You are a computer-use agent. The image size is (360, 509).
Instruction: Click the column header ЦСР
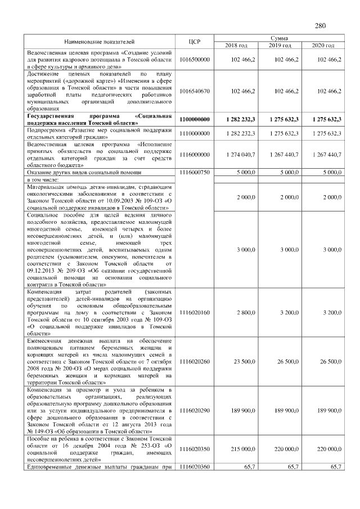click(193, 42)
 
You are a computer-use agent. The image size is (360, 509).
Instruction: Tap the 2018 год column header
click(236, 45)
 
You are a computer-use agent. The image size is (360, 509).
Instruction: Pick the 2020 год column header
click(323, 45)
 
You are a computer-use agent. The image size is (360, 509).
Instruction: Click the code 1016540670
click(194, 91)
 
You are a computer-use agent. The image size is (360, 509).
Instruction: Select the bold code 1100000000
click(194, 119)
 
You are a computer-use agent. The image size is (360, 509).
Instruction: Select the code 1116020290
click(194, 411)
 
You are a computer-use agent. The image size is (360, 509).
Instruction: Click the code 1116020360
click(194, 467)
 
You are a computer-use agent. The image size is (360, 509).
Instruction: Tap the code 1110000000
click(194, 133)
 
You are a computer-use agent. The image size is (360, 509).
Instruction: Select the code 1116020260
click(194, 361)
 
